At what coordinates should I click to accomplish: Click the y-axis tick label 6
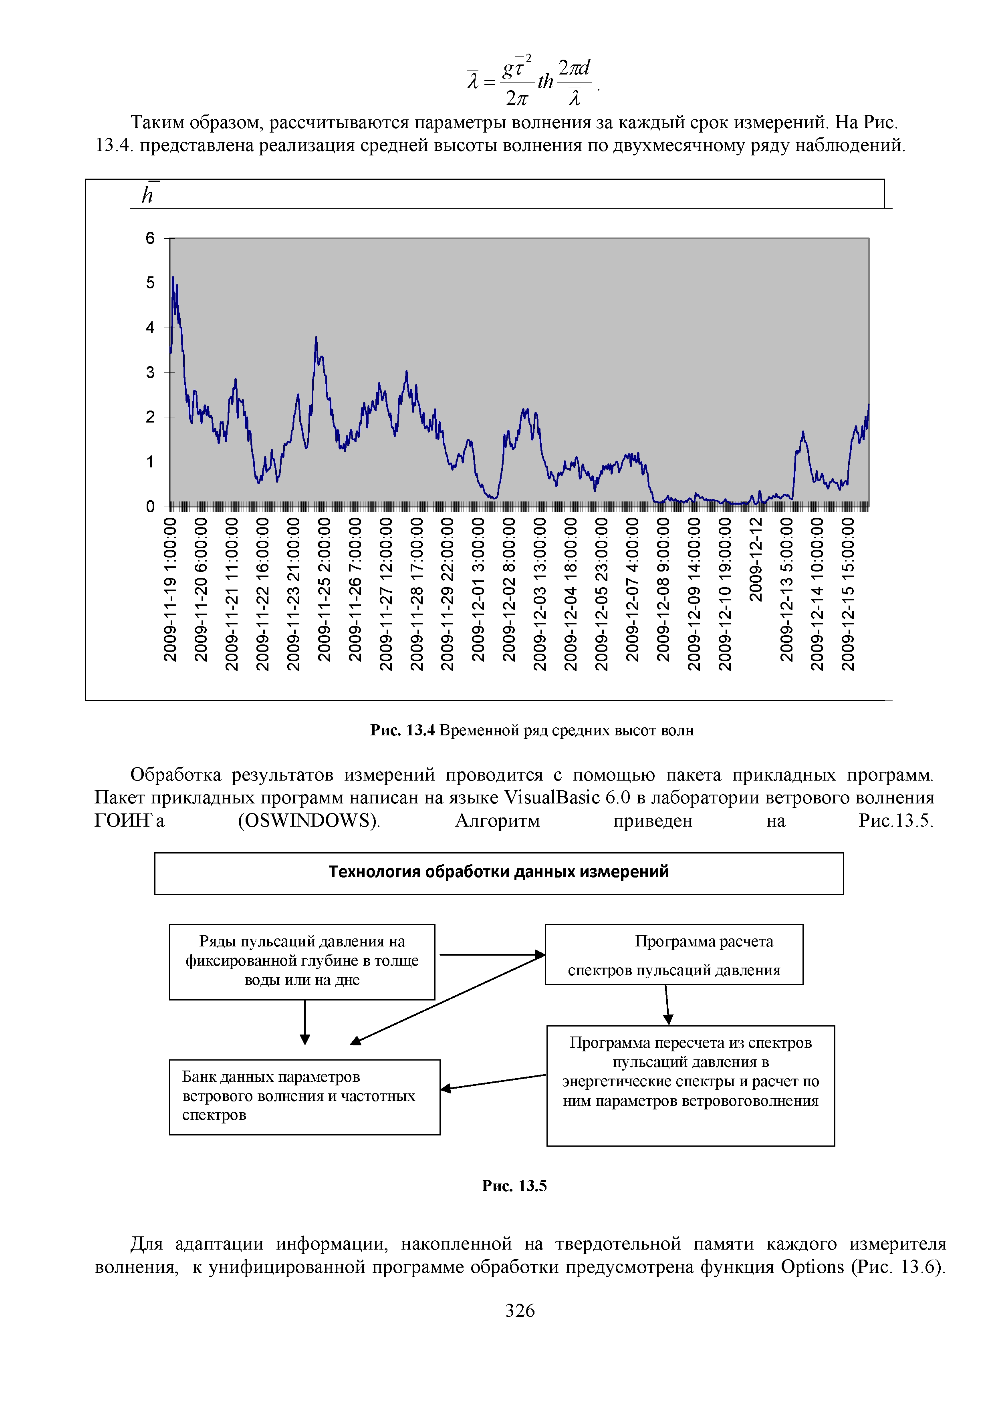(x=150, y=238)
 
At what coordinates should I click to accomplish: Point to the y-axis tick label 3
(x=150, y=372)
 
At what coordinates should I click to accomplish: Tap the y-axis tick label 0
(x=150, y=506)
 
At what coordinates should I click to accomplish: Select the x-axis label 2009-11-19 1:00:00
(x=170, y=589)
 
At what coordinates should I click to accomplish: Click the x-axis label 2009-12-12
(x=756, y=559)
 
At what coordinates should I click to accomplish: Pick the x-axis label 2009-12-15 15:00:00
(x=848, y=594)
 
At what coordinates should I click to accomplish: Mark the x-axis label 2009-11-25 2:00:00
(x=325, y=589)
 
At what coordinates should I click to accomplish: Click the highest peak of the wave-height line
(x=173, y=277)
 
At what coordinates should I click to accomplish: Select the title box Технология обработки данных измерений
(x=499, y=873)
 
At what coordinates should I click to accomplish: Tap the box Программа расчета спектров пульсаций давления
(x=674, y=954)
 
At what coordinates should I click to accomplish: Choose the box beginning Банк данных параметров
(x=305, y=1097)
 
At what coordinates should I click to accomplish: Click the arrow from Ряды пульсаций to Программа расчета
(x=492, y=954)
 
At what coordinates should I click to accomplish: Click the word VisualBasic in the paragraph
(x=552, y=798)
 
